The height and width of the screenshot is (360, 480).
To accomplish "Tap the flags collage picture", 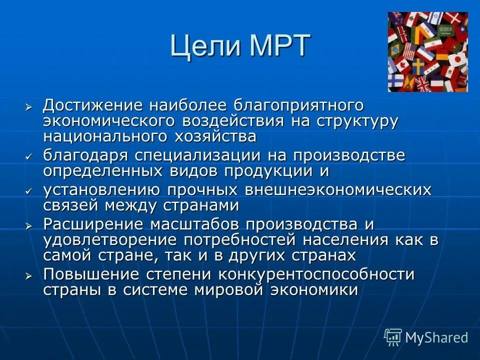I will pos(427,51).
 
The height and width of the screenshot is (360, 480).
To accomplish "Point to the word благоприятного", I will pos(305,106).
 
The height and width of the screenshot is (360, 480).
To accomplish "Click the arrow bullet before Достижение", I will pos(29,107).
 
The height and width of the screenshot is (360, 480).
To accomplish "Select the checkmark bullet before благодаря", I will pos(29,156).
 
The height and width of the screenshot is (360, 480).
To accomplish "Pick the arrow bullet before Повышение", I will pos(29,275).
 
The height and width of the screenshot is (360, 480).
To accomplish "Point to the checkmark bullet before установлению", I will pos(29,191).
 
